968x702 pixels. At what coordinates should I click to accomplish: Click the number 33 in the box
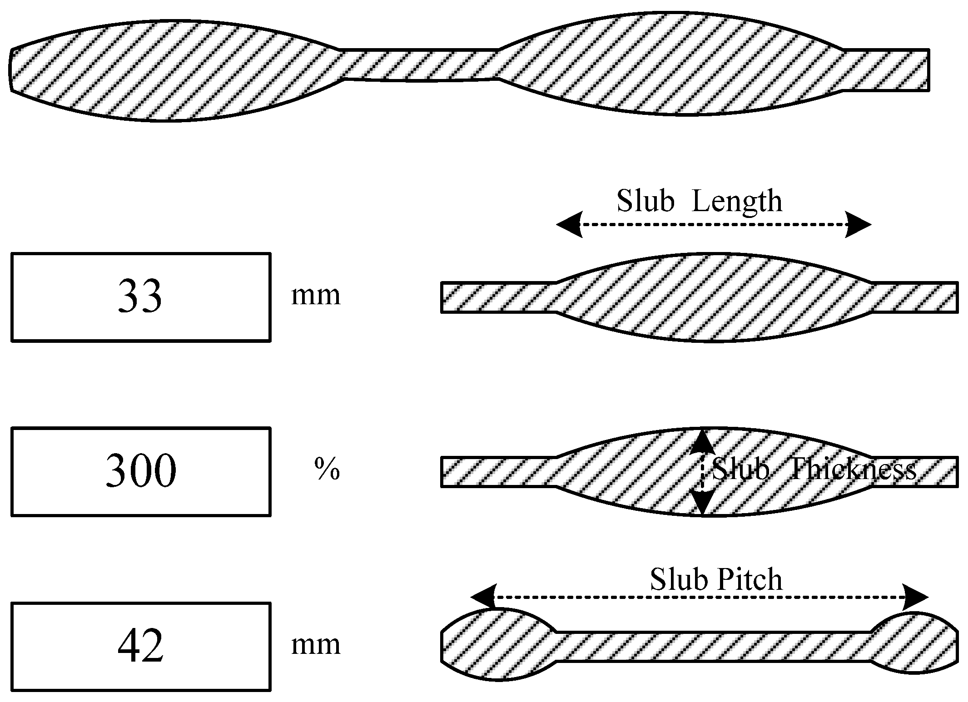pos(140,297)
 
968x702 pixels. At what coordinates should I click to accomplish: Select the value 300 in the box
pos(141,471)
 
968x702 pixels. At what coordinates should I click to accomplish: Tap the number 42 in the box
pos(140,647)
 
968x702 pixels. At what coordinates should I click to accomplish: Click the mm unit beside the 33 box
pos(316,296)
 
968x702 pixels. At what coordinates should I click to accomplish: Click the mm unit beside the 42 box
pos(316,645)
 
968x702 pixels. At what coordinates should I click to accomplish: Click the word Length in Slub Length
pos(737,201)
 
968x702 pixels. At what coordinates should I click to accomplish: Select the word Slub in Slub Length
pos(645,200)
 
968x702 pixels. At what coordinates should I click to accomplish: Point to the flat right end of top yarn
pos(886,69)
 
